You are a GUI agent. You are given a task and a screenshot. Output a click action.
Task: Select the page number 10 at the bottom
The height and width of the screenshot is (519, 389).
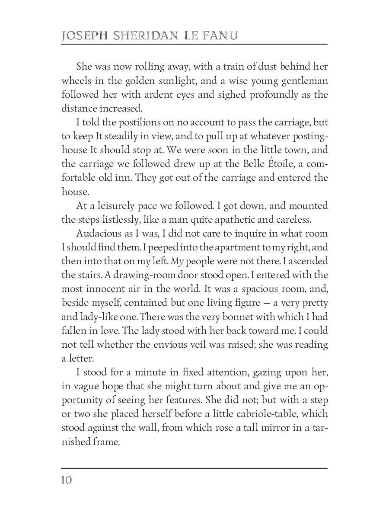click(x=67, y=481)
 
